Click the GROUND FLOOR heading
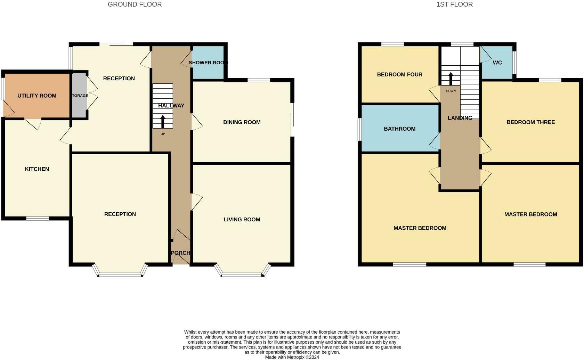point(135,5)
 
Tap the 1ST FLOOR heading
point(454,5)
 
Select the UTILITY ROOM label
point(37,96)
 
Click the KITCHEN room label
point(37,169)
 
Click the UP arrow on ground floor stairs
point(163,122)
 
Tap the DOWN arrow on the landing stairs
point(451,79)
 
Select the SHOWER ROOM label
point(208,63)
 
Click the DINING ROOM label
point(242,122)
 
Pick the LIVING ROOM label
point(242,220)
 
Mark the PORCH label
point(181,253)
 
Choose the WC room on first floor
point(497,63)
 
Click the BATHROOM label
point(399,129)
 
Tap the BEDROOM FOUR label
point(399,74)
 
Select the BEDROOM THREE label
point(530,122)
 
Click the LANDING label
point(460,118)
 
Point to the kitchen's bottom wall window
point(38,218)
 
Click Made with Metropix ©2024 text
point(292,357)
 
